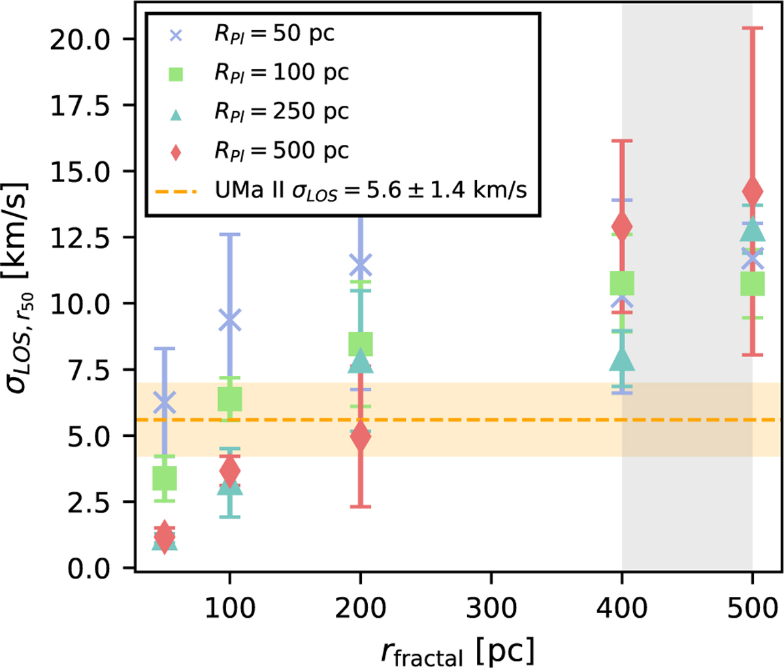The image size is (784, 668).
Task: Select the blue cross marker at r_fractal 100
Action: coord(229,320)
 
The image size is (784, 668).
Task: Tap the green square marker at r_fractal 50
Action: coord(164,478)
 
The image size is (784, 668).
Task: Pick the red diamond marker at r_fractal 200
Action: coord(361,437)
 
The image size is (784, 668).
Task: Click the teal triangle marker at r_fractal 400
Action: coord(622,359)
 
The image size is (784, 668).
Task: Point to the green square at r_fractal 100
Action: coord(229,398)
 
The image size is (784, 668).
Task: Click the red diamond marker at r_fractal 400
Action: coord(622,227)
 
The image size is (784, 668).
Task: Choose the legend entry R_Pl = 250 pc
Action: coord(282,112)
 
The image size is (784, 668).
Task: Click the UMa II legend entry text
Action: coord(370,190)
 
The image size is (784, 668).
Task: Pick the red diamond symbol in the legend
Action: coord(176,151)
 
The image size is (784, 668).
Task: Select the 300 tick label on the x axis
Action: coord(491,608)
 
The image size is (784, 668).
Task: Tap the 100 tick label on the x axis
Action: coord(229,608)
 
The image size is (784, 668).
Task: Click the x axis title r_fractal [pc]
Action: coord(457,650)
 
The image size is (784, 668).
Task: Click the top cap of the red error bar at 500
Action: coord(753,28)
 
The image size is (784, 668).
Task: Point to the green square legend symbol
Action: coord(176,73)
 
